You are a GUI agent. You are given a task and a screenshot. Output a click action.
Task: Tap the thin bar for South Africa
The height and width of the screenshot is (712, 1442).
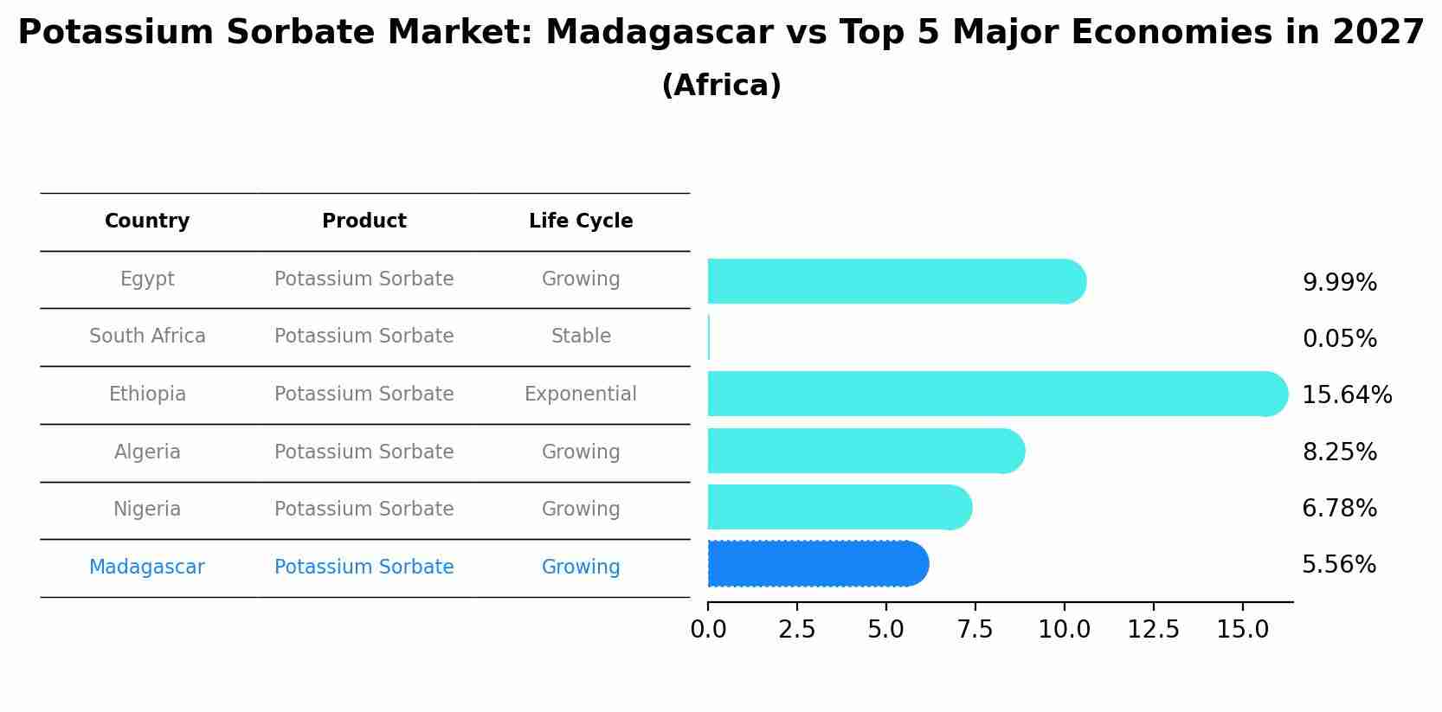[x=709, y=337]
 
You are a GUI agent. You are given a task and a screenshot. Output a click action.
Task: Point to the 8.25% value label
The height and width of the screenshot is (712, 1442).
[x=1339, y=452]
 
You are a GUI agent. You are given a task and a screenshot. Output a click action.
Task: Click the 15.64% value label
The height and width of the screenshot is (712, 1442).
[x=1346, y=395]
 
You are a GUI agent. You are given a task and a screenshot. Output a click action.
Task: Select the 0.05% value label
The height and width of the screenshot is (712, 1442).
[x=1339, y=339]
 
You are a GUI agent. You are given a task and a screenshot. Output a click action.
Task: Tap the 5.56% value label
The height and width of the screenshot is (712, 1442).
[x=1338, y=565]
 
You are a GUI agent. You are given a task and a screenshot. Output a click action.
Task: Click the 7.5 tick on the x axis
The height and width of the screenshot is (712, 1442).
[x=975, y=630]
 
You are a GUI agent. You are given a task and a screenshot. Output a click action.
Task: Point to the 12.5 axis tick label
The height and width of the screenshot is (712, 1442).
[x=1153, y=630]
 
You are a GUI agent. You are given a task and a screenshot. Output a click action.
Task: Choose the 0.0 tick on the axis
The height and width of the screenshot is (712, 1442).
[x=708, y=630]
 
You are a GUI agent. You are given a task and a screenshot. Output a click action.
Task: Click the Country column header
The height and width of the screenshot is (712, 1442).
[x=147, y=221]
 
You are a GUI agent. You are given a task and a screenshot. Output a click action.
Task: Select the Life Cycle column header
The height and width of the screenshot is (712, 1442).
[x=581, y=221]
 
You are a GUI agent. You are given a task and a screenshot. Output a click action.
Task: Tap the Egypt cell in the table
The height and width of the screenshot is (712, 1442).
[x=147, y=279]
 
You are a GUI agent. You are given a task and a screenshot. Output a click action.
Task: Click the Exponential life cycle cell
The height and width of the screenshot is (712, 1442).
[x=581, y=394]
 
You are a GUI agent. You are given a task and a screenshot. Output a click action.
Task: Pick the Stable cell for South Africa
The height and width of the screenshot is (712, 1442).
[x=581, y=337]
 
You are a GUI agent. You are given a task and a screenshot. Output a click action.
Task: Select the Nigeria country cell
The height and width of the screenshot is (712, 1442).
[x=147, y=510]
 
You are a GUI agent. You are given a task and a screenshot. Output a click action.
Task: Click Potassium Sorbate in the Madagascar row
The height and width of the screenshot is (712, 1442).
[x=364, y=568]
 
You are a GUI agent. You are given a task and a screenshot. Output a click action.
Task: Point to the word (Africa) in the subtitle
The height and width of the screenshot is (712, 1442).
[x=721, y=86]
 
